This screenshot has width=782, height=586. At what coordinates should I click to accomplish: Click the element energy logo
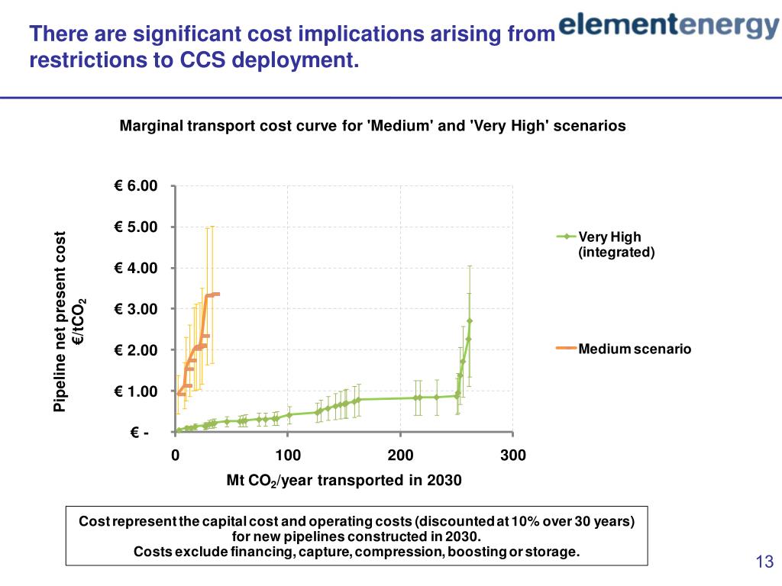(x=668, y=25)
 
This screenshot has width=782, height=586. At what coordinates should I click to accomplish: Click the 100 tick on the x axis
(x=288, y=456)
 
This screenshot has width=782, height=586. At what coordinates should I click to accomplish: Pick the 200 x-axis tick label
(x=400, y=456)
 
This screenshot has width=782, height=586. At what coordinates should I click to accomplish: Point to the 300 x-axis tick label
(x=513, y=456)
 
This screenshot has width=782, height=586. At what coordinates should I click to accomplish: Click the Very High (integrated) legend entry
(x=616, y=244)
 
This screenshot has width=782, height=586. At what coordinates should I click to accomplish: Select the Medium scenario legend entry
(x=634, y=349)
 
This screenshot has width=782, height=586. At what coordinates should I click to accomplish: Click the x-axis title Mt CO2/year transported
(x=344, y=480)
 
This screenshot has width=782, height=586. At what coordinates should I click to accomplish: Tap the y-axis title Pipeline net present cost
(x=60, y=321)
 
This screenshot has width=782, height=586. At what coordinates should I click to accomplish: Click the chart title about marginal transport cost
(x=373, y=126)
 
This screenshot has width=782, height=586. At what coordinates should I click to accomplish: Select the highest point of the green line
(x=470, y=320)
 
